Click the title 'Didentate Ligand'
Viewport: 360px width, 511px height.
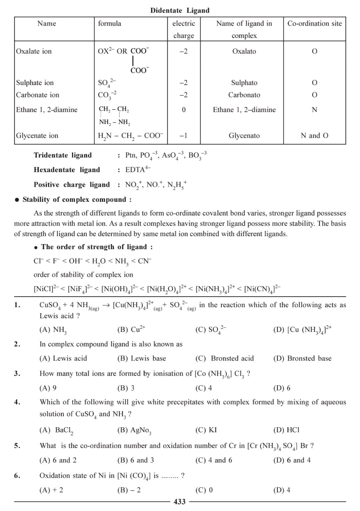pyautogui.click(x=180, y=10)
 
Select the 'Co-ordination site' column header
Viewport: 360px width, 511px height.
pyautogui.click(x=314, y=23)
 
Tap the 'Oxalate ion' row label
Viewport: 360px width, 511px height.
pyautogui.click(x=34, y=51)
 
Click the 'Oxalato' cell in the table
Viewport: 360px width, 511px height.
pyautogui.click(x=244, y=51)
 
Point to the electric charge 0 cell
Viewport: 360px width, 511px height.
pyautogui.click(x=183, y=110)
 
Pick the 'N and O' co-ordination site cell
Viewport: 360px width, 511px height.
pyautogui.click(x=314, y=135)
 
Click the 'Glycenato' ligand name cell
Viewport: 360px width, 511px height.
pyautogui.click(x=244, y=135)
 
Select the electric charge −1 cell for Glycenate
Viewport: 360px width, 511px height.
pyautogui.click(x=183, y=135)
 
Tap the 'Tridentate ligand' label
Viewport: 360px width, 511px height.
pyautogui.click(x=63, y=155)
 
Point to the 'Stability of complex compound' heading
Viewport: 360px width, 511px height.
pyautogui.click(x=77, y=199)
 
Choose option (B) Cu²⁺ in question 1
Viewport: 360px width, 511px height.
pyautogui.click(x=131, y=330)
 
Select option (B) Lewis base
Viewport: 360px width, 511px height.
pyautogui.click(x=142, y=358)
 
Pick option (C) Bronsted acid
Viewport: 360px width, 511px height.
pyautogui.click(x=225, y=358)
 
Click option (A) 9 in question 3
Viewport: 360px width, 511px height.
pyautogui.click(x=48, y=388)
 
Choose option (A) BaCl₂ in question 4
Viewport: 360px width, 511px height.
pyautogui.click(x=56, y=430)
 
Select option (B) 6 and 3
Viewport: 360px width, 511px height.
pyautogui.click(x=136, y=460)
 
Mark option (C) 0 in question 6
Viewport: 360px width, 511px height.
pyautogui.click(x=204, y=490)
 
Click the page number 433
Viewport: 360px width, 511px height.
pyautogui.click(x=180, y=502)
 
